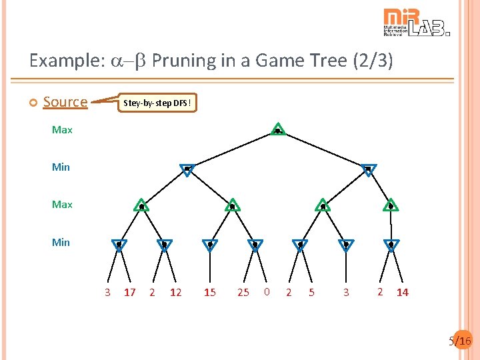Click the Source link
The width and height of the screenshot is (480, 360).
[x=65, y=101]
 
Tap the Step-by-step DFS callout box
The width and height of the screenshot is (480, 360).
[x=158, y=103]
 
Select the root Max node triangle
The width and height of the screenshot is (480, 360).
[x=278, y=129]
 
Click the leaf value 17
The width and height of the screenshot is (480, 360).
[x=130, y=292]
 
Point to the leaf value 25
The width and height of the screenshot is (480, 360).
[x=243, y=292]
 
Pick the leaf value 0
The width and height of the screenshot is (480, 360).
[x=267, y=291]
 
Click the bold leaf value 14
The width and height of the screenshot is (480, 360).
[x=403, y=292]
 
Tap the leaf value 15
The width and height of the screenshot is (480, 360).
[x=210, y=292]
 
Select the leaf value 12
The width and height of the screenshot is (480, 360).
[x=175, y=292]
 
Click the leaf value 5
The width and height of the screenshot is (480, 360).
[x=311, y=292]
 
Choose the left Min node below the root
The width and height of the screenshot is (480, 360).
[x=187, y=169]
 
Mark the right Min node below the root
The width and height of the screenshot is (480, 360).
[x=368, y=169]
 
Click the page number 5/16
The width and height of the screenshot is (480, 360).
[x=460, y=341]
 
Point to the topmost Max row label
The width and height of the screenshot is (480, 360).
[x=62, y=129]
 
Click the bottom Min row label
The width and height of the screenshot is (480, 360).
[x=61, y=242]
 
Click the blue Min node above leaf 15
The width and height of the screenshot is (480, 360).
[x=210, y=245]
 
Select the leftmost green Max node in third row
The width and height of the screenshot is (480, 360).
[x=141, y=205]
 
